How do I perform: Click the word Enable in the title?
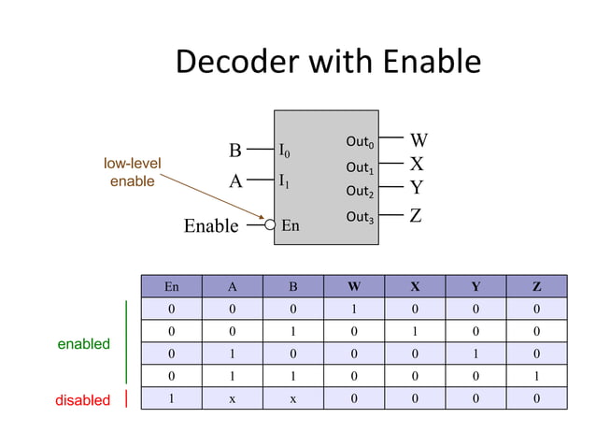point(431,63)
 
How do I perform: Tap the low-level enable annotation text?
point(132,172)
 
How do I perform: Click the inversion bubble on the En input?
point(270,224)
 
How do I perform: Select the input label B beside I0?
point(235,151)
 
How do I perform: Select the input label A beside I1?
point(235,182)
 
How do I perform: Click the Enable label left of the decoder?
point(210,225)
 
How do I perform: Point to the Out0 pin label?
point(360,142)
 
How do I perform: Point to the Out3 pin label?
point(360,217)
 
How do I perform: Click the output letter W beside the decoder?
point(419,141)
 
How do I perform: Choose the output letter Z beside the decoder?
point(417,216)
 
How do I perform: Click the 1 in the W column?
point(353,309)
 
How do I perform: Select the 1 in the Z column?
point(535,376)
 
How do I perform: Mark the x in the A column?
point(232,398)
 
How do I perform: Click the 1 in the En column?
point(171,398)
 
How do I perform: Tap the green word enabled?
point(84,344)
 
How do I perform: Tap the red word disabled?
point(83,400)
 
